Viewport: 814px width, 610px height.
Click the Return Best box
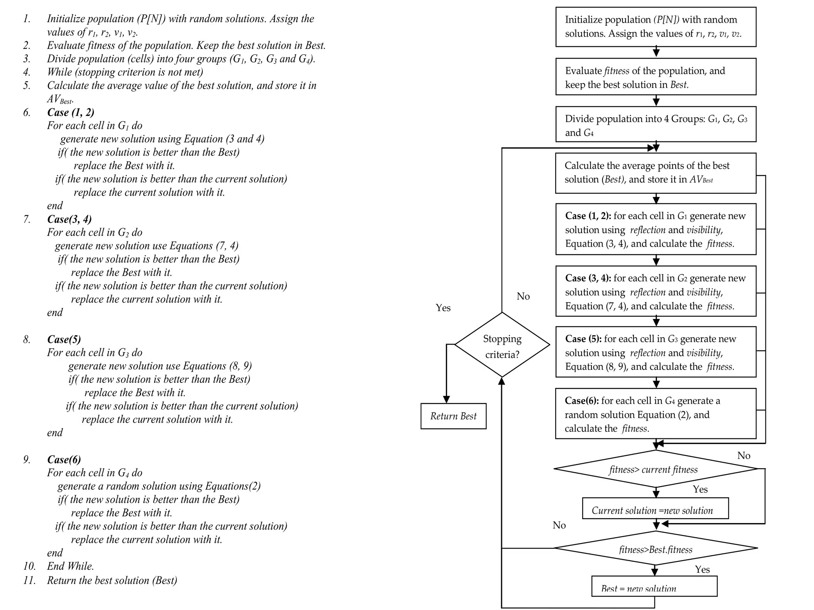tap(453, 416)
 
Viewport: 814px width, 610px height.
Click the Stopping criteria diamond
tap(502, 345)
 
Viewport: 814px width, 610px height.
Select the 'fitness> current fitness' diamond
tap(655, 469)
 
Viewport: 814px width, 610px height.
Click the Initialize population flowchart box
tap(655, 27)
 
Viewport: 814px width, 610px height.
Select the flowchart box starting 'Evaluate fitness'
tap(655, 77)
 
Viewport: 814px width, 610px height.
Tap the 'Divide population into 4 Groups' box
tap(655, 125)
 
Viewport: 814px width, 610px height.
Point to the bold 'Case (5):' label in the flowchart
tap(583, 339)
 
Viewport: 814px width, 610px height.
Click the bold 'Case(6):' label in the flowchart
tap(581, 401)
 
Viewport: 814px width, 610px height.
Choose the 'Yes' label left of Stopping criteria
tap(443, 308)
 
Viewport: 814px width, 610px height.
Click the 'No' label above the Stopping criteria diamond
tap(523, 296)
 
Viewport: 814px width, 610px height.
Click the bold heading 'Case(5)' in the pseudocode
tap(64, 339)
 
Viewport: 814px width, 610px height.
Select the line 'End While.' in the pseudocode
tap(70, 566)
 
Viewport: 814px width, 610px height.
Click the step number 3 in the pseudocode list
tap(27, 59)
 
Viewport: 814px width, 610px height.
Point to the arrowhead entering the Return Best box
tap(446, 399)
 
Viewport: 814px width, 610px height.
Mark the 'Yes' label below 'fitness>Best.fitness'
tap(702, 569)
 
